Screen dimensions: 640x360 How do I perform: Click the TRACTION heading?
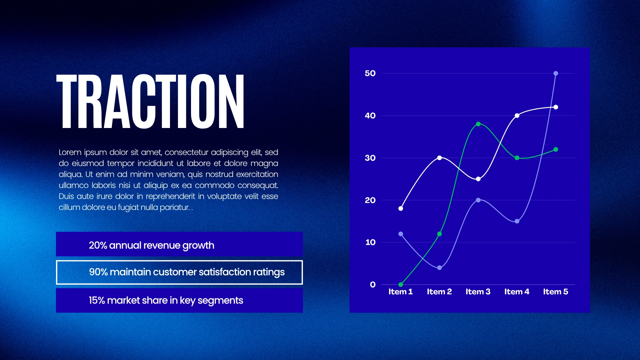pos(150,101)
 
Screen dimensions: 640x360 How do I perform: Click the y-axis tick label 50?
pos(370,73)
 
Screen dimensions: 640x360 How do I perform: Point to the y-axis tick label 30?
pos(370,158)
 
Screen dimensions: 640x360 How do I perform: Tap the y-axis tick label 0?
pos(373,285)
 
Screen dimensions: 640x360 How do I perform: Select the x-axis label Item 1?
pos(401,292)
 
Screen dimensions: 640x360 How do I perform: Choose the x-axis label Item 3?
pos(478,292)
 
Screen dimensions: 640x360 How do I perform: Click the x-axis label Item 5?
pos(556,292)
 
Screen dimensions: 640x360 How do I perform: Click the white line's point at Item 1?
pos(401,208)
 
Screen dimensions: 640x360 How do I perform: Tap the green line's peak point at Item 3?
pos(478,124)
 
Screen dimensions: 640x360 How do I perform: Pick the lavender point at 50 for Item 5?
pos(556,73)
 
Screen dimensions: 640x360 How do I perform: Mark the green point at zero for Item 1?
pos(401,285)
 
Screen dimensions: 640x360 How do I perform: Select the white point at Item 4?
pos(517,116)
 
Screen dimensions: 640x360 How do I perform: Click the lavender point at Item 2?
pos(439,268)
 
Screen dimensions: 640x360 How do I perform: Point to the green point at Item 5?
pos(556,149)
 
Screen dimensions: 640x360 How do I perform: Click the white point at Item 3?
pos(478,179)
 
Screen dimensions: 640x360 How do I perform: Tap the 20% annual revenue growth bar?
pos(179,244)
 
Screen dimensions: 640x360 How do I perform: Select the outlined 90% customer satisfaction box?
pos(179,261)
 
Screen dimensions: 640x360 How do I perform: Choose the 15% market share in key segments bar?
pos(179,300)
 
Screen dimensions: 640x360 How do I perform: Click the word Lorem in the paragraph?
pos(70,152)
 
